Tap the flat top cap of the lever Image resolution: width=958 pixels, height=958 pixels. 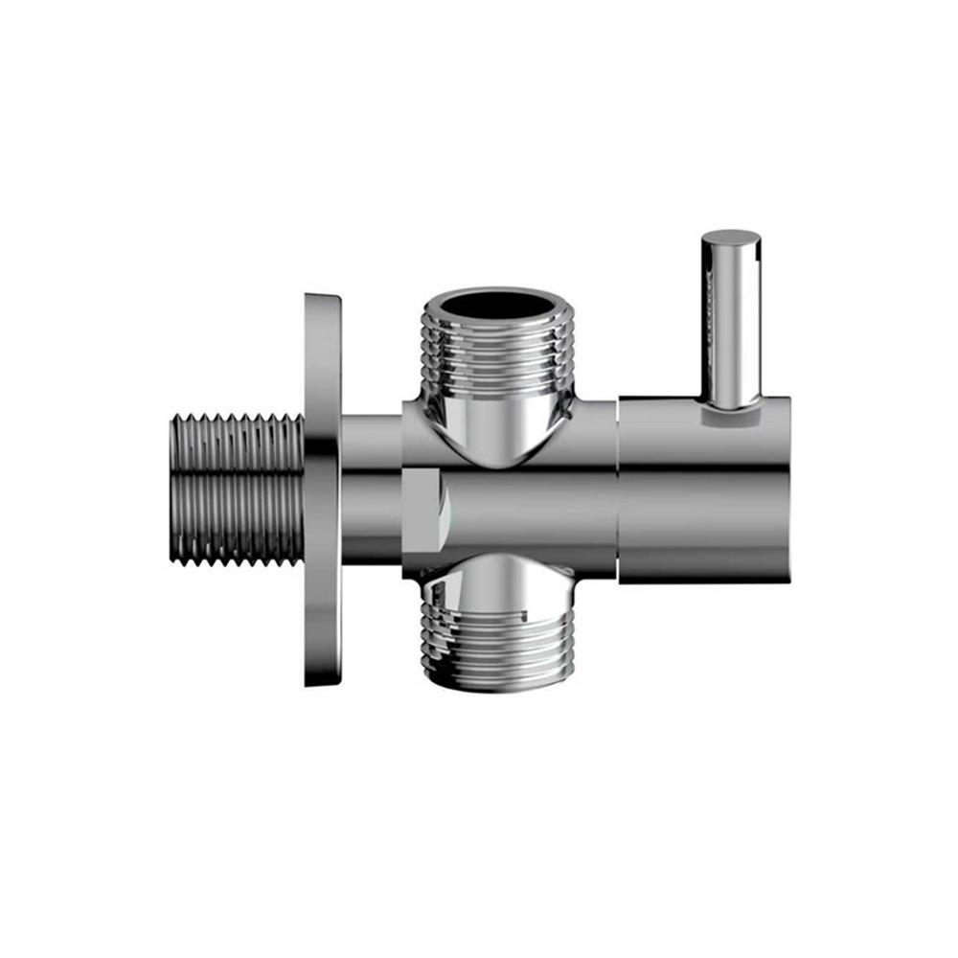(x=731, y=237)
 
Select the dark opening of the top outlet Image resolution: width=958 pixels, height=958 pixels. (x=497, y=306)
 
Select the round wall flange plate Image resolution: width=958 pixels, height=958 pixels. (x=322, y=489)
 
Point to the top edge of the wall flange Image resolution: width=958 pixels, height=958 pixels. (x=322, y=297)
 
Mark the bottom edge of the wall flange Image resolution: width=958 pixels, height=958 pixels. (x=322, y=682)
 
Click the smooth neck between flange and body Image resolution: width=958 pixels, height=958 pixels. (x=371, y=489)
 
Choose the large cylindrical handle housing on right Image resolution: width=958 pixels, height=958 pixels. (x=704, y=489)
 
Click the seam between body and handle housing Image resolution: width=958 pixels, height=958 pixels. (x=617, y=489)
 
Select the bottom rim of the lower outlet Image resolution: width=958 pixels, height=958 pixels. (x=497, y=685)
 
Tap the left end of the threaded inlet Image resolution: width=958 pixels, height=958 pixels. (x=174, y=489)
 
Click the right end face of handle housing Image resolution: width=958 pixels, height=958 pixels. (x=787, y=489)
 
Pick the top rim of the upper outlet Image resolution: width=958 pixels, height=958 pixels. (x=497, y=289)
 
